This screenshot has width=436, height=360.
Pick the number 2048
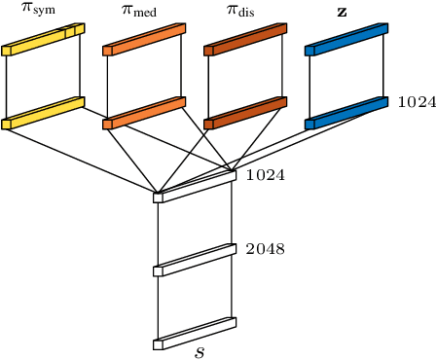[x=265, y=249]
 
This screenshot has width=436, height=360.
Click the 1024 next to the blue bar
[x=417, y=102]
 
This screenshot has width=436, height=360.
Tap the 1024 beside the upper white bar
[x=265, y=176]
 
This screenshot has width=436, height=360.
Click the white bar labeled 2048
[x=196, y=261]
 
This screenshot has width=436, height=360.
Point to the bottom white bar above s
[x=196, y=334]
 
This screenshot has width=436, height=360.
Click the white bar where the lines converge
[x=196, y=187]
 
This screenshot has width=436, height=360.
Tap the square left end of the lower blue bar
[x=309, y=125]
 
